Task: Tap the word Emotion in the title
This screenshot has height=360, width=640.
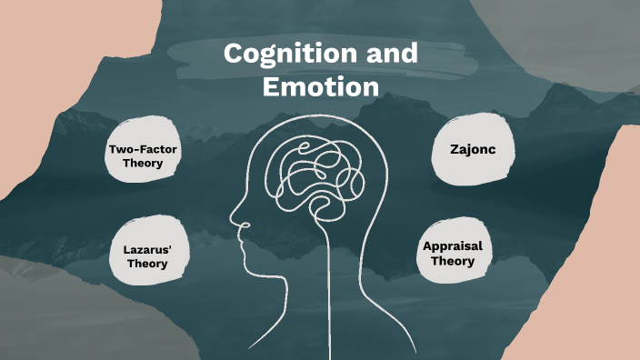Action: click(319, 87)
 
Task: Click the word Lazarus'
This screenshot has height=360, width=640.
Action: click(146, 247)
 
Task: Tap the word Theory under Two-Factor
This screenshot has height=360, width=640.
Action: click(145, 164)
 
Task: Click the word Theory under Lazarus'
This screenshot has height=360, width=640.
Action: click(146, 264)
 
